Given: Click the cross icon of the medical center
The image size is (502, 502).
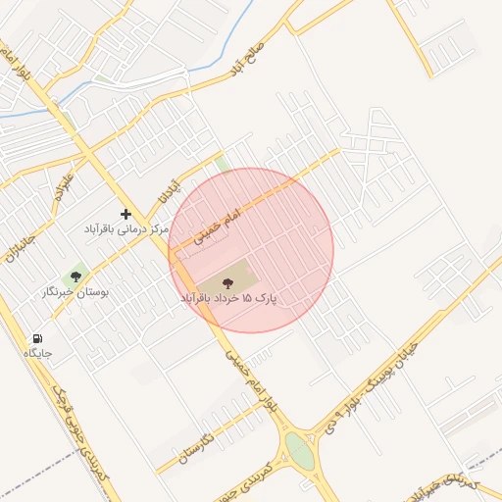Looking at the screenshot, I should tap(125, 214).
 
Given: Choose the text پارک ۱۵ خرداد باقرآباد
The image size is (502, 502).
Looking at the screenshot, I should tap(227, 295).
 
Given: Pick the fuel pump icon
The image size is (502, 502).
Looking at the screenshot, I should tap(38, 337).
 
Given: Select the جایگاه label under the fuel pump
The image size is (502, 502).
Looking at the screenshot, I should tap(38, 352).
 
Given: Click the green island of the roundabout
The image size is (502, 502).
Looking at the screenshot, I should tap(298, 452).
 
